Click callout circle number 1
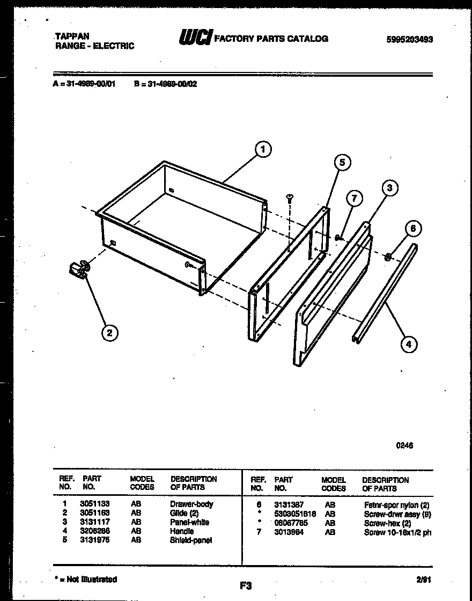pyautogui.click(x=263, y=150)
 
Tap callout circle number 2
pyautogui.click(x=109, y=333)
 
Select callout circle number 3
pyautogui.click(x=390, y=187)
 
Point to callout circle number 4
pyautogui.click(x=409, y=344)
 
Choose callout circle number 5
pyautogui.click(x=343, y=162)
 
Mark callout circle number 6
pyautogui.click(x=412, y=229)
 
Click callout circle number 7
pyautogui.click(x=353, y=198)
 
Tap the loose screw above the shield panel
pyautogui.click(x=290, y=198)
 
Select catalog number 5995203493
pyautogui.click(x=409, y=39)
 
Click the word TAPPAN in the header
pyautogui.click(x=72, y=36)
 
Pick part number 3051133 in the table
pyautogui.click(x=94, y=504)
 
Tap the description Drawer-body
pyautogui.click(x=191, y=504)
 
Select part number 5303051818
pyautogui.click(x=295, y=514)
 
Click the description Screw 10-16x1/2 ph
pyautogui.click(x=397, y=532)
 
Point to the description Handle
pyautogui.click(x=182, y=531)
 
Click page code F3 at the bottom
pyautogui.click(x=246, y=586)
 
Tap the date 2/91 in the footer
pyautogui.click(x=423, y=580)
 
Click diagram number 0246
pyautogui.click(x=404, y=445)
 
